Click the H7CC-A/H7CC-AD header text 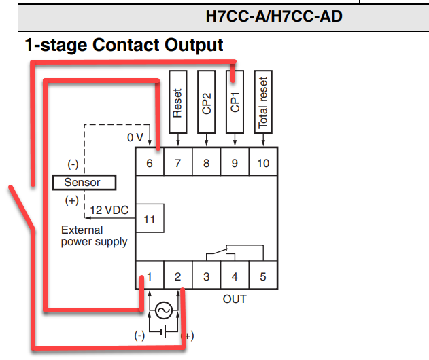coord(273,16)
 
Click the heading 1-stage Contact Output coord(124,46)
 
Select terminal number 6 coord(150,163)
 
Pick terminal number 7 coord(178,163)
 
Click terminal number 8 coord(206,163)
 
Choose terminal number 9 coord(235,163)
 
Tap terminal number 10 coord(262,163)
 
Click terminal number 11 coord(150,219)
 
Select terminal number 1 coord(150,276)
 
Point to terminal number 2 coord(178,276)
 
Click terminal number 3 coord(206,276)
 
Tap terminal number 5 coord(262,276)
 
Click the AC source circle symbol coord(163,310)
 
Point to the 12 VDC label coord(109,211)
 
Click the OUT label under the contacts coord(235,299)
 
